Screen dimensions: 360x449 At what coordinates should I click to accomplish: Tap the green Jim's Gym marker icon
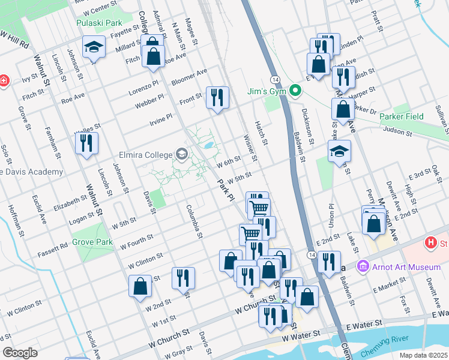pyautogui.click(x=295, y=91)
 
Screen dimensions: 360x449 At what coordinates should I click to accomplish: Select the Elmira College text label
pyautogui.click(x=145, y=153)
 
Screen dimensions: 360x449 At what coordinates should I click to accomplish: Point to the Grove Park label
pyautogui.click(x=92, y=242)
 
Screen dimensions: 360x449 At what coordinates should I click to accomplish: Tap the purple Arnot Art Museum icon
pyautogui.click(x=363, y=266)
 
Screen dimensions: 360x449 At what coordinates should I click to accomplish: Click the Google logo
pyautogui.click(x=20, y=353)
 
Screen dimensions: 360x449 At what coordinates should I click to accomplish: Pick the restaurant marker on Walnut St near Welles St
pyautogui.click(x=86, y=143)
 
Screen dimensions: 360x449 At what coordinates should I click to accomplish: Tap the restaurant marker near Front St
pyautogui.click(x=217, y=97)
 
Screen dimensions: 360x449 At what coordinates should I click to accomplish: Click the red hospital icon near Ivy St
pyautogui.click(x=3, y=80)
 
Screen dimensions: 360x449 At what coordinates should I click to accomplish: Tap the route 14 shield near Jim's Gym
pyautogui.click(x=275, y=79)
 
